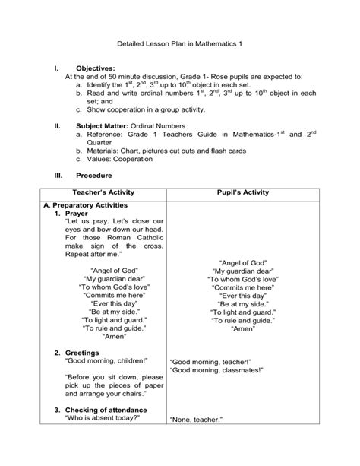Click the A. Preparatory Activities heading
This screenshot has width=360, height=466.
(85, 206)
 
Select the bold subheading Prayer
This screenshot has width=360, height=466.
(78, 215)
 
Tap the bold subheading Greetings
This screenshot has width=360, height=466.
(82, 353)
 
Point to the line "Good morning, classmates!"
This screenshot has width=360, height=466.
(216, 371)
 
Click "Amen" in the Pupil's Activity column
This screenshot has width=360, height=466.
(243, 331)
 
